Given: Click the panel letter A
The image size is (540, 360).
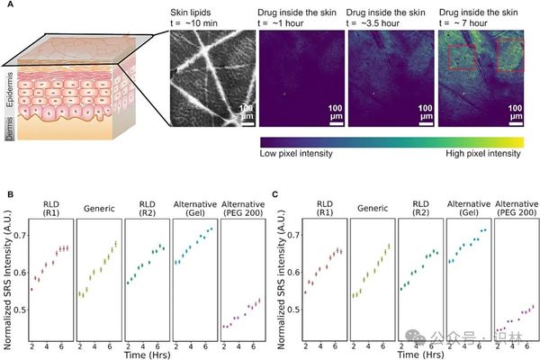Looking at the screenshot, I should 9,7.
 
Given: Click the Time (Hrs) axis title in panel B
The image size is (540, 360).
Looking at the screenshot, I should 145,353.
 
